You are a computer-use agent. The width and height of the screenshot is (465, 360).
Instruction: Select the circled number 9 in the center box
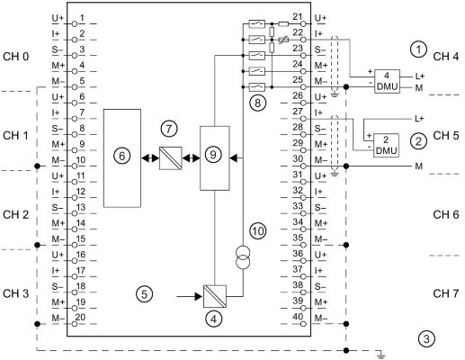[213, 155]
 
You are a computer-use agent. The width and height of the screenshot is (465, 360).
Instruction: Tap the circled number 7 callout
[169, 129]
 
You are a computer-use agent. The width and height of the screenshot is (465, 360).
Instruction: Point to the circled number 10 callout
[258, 231]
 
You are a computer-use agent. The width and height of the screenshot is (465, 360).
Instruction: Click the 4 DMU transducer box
[387, 81]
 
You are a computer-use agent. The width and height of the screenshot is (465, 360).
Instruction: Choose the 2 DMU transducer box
[386, 145]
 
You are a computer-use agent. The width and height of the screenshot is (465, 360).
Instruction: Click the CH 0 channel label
[16, 57]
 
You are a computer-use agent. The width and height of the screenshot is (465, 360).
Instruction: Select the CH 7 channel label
[446, 293]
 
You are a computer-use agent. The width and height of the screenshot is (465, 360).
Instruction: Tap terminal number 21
[298, 17]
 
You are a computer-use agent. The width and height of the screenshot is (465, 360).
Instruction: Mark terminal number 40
[298, 317]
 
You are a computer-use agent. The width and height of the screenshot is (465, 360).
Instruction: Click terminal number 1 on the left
[82, 18]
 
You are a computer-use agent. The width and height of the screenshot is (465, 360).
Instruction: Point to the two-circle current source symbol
[243, 257]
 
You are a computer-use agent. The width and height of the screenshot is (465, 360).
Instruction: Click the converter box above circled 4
[215, 296]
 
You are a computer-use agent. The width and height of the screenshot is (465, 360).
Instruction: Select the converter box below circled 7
[170, 158]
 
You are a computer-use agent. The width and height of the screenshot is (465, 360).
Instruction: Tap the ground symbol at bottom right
[380, 355]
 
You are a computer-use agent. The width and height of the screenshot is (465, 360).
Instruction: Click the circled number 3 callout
[426, 339]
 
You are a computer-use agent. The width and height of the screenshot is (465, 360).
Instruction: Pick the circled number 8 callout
[257, 103]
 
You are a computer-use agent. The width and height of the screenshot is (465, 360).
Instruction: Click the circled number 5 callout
[145, 294]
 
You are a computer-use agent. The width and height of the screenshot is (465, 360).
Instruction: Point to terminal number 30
[298, 158]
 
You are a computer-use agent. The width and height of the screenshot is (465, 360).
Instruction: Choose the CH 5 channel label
[446, 136]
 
